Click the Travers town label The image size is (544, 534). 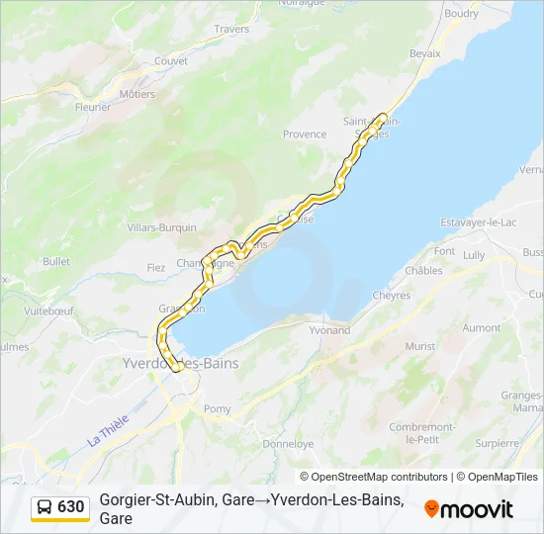231,29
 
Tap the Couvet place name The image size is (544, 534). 171,60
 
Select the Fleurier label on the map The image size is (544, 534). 93,107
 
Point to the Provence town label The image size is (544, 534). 305,134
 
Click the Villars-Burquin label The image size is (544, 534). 162,227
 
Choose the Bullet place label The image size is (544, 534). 56,262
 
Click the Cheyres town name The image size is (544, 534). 392,295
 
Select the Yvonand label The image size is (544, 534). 329,330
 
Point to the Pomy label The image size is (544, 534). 217,408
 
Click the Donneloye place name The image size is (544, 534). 288,444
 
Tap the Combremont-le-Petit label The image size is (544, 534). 421,432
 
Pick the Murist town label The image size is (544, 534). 419,347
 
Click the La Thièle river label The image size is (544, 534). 108,429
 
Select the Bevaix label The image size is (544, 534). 424,52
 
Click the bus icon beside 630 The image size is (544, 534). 45,507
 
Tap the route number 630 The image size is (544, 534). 70,507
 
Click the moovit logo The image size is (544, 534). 469,509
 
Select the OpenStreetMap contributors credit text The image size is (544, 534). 374,477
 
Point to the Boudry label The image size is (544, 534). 462,14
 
